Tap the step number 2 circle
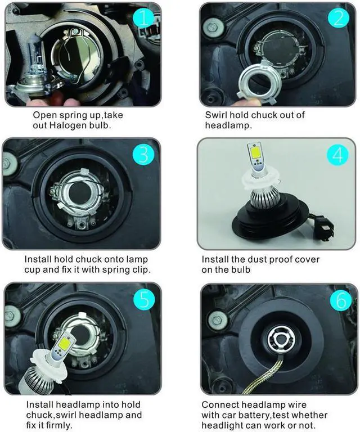tap(337, 19)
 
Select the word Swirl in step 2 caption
tap(217, 115)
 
